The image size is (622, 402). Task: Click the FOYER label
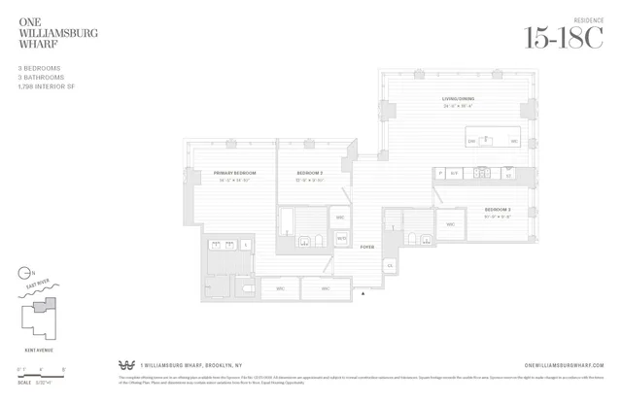(x=366, y=247)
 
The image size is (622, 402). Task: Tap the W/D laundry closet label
(x=341, y=237)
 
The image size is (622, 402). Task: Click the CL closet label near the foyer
(x=390, y=265)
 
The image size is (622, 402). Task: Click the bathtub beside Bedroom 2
(x=289, y=222)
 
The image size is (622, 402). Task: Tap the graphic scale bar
(x=39, y=369)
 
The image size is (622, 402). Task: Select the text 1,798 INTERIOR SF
(x=48, y=85)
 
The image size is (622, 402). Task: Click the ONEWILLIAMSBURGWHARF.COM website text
(x=564, y=365)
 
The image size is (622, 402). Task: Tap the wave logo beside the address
(x=125, y=365)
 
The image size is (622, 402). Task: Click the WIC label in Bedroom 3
(x=340, y=218)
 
